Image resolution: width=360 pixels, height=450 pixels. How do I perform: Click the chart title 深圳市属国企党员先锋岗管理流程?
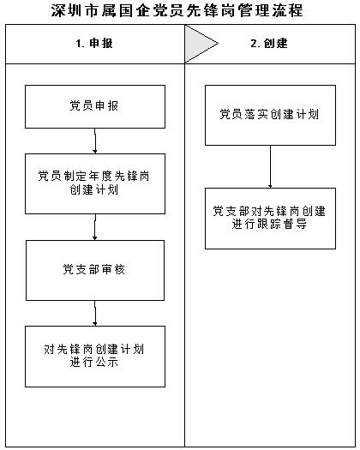point(177,10)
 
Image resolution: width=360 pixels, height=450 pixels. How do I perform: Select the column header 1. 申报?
point(94,44)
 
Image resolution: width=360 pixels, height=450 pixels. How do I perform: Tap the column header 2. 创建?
point(269,44)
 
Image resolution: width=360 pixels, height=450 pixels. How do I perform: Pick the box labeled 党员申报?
point(95,106)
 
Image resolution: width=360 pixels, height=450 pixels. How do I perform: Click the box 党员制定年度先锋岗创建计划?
point(95,183)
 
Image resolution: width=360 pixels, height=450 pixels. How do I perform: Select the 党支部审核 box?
point(95,270)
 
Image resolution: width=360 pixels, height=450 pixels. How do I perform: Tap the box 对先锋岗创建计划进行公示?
point(95,357)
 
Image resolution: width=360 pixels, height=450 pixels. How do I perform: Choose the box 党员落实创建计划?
point(270,115)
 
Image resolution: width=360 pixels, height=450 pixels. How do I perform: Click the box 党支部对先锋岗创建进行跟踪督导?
point(270,219)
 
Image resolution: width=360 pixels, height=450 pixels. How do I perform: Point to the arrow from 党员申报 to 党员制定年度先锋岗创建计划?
point(95,141)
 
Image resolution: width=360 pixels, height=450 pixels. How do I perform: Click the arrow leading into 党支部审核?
point(95,227)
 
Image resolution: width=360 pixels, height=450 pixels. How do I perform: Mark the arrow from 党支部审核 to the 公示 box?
point(95,313)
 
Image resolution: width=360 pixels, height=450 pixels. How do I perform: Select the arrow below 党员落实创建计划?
point(270,167)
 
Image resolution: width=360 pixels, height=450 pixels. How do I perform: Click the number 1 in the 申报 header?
point(78,44)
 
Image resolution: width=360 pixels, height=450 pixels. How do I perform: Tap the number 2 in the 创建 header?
point(254,44)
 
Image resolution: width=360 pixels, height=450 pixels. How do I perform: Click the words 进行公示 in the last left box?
point(94,363)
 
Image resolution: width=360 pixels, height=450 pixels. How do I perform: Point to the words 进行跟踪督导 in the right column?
point(269,224)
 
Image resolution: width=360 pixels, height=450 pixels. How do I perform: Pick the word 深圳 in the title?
point(68,10)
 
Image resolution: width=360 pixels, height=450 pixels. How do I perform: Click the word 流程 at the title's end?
point(288,10)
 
